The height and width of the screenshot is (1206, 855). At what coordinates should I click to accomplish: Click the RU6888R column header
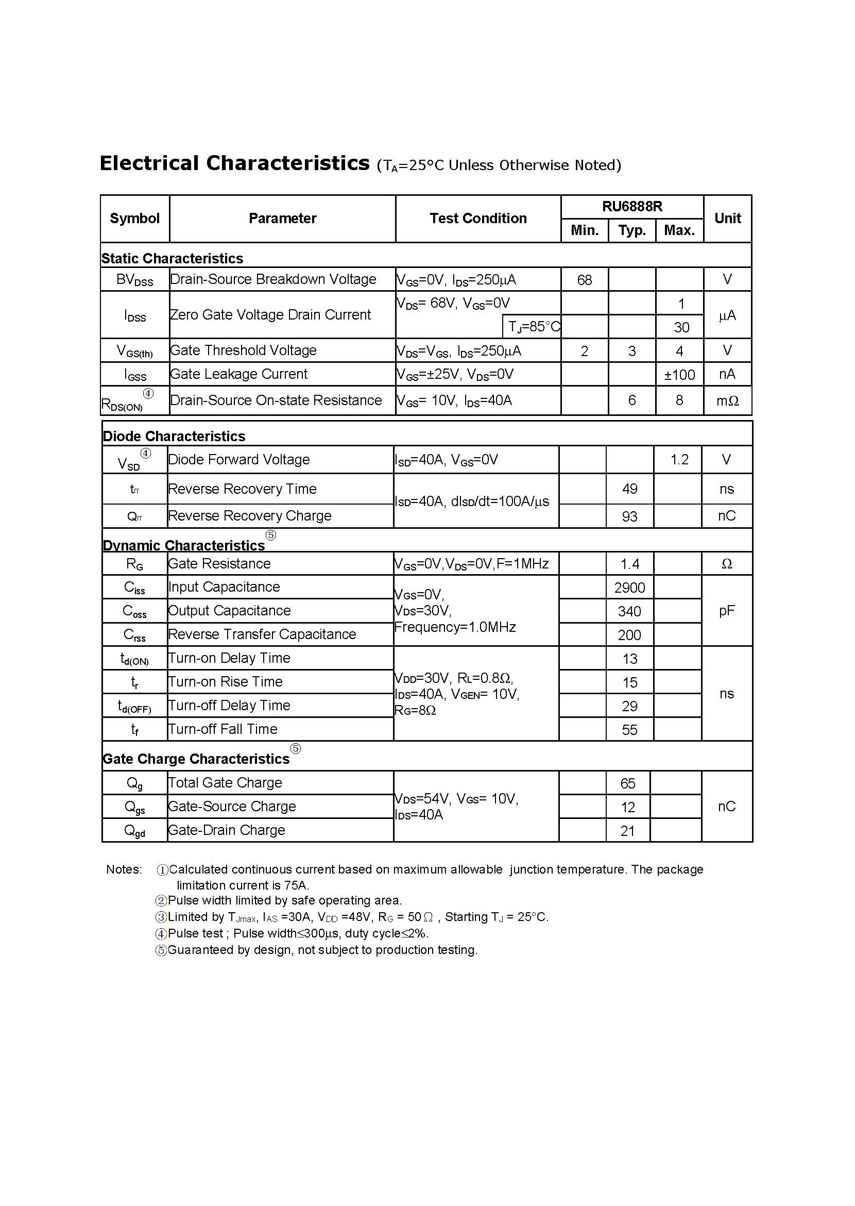pyautogui.click(x=632, y=207)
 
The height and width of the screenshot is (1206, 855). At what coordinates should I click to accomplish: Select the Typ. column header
pyautogui.click(x=632, y=230)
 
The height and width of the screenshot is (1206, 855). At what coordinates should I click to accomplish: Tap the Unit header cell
pyautogui.click(x=727, y=218)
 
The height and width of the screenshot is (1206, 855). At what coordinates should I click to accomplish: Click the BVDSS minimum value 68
pyautogui.click(x=585, y=280)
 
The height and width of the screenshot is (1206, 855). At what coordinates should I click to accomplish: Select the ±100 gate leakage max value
pyautogui.click(x=679, y=375)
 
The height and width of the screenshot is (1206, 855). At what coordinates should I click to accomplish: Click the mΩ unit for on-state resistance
pyautogui.click(x=727, y=401)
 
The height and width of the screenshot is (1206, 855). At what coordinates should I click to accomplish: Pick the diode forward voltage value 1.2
pyautogui.click(x=679, y=460)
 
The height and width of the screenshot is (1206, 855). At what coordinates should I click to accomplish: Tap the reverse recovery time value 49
pyautogui.click(x=630, y=489)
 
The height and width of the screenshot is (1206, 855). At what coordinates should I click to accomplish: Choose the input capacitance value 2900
pyautogui.click(x=630, y=588)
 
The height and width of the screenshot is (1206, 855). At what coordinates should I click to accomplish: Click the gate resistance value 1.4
pyautogui.click(x=630, y=564)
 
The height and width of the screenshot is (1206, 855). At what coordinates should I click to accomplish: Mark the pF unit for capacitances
pyautogui.click(x=727, y=611)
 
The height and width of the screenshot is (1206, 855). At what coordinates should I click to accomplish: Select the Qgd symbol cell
pyautogui.click(x=134, y=830)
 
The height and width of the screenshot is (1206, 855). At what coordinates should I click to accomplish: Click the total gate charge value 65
pyautogui.click(x=627, y=783)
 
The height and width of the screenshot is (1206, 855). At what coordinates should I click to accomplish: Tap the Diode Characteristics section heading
pyautogui.click(x=174, y=436)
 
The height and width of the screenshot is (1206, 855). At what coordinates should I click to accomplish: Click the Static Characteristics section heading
pyautogui.click(x=172, y=258)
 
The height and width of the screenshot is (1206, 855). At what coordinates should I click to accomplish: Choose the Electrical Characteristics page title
pyautogui.click(x=235, y=163)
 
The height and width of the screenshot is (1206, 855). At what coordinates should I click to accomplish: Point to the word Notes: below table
pyautogui.click(x=124, y=869)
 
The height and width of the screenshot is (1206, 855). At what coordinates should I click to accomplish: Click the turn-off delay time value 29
pyautogui.click(x=630, y=706)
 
